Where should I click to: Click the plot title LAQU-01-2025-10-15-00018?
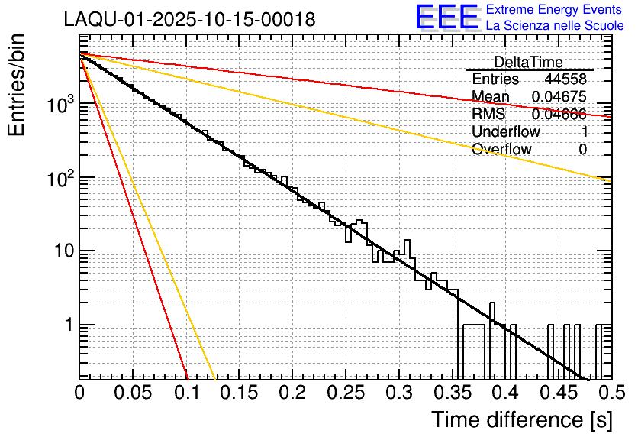point(189,20)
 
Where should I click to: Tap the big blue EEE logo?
point(446,18)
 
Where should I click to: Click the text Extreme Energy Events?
point(554,10)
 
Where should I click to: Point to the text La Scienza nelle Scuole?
point(555,26)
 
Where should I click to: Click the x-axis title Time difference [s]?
point(521,419)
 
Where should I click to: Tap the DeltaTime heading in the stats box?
point(528,62)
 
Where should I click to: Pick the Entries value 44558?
point(565,79)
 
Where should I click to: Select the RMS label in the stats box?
point(488,115)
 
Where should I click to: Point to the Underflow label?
point(505,132)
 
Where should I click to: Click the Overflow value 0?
point(582,150)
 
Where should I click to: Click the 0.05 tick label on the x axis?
point(134,393)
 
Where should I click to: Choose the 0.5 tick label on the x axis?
point(611,393)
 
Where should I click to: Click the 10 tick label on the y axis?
point(60,251)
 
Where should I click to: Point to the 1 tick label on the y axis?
point(67,325)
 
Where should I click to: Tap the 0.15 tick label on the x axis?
point(240,393)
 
